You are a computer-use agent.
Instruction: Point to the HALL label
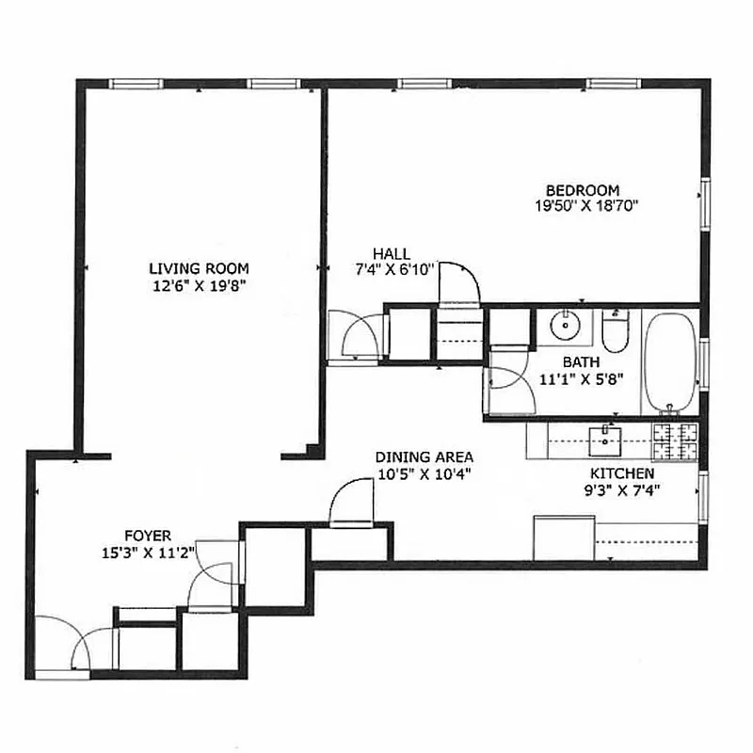pyautogui.click(x=391, y=253)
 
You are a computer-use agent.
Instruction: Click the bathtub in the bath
pyautogui.click(x=670, y=362)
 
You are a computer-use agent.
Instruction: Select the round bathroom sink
pyautogui.click(x=564, y=325)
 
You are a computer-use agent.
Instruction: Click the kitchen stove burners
pyautogui.click(x=675, y=435)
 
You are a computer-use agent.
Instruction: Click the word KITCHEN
pyautogui.click(x=621, y=473)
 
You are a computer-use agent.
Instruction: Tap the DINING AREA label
pyautogui.click(x=424, y=458)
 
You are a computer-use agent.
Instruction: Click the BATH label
pyautogui.click(x=581, y=362)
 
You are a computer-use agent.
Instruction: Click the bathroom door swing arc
pyautogui.click(x=508, y=381)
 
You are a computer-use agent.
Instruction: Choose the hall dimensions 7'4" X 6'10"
pyautogui.click(x=393, y=269)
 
